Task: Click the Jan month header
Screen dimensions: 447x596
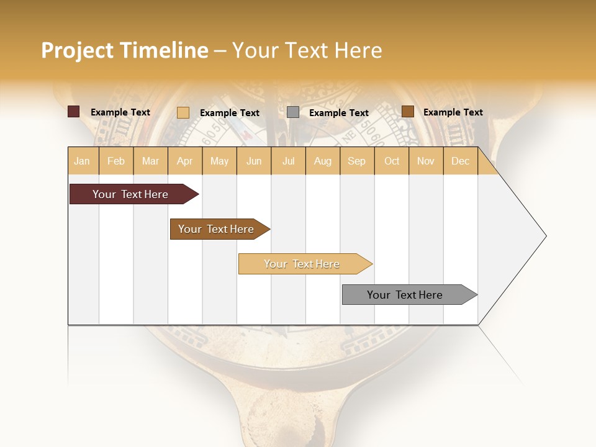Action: pyautogui.click(x=82, y=161)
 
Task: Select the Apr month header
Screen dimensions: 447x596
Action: pyautogui.click(x=184, y=161)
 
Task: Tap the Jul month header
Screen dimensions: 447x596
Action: pyautogui.click(x=288, y=161)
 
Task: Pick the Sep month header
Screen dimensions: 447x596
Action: pyautogui.click(x=356, y=161)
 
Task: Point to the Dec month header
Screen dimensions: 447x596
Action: pyautogui.click(x=460, y=161)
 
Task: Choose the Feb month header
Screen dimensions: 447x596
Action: pyautogui.click(x=116, y=161)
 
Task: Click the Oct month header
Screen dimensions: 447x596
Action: pyautogui.click(x=392, y=161)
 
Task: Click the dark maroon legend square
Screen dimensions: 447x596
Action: pyautogui.click(x=73, y=112)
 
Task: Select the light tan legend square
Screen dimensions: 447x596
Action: pyautogui.click(x=183, y=112)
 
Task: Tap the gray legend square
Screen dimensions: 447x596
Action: pyautogui.click(x=293, y=112)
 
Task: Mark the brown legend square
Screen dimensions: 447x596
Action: pyautogui.click(x=407, y=112)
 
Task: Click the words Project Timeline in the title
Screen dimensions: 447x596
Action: pyautogui.click(x=124, y=50)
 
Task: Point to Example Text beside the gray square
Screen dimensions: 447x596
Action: pyautogui.click(x=339, y=113)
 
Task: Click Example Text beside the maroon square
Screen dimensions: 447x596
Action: pyautogui.click(x=120, y=112)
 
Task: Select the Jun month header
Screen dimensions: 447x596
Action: pyautogui.click(x=254, y=161)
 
